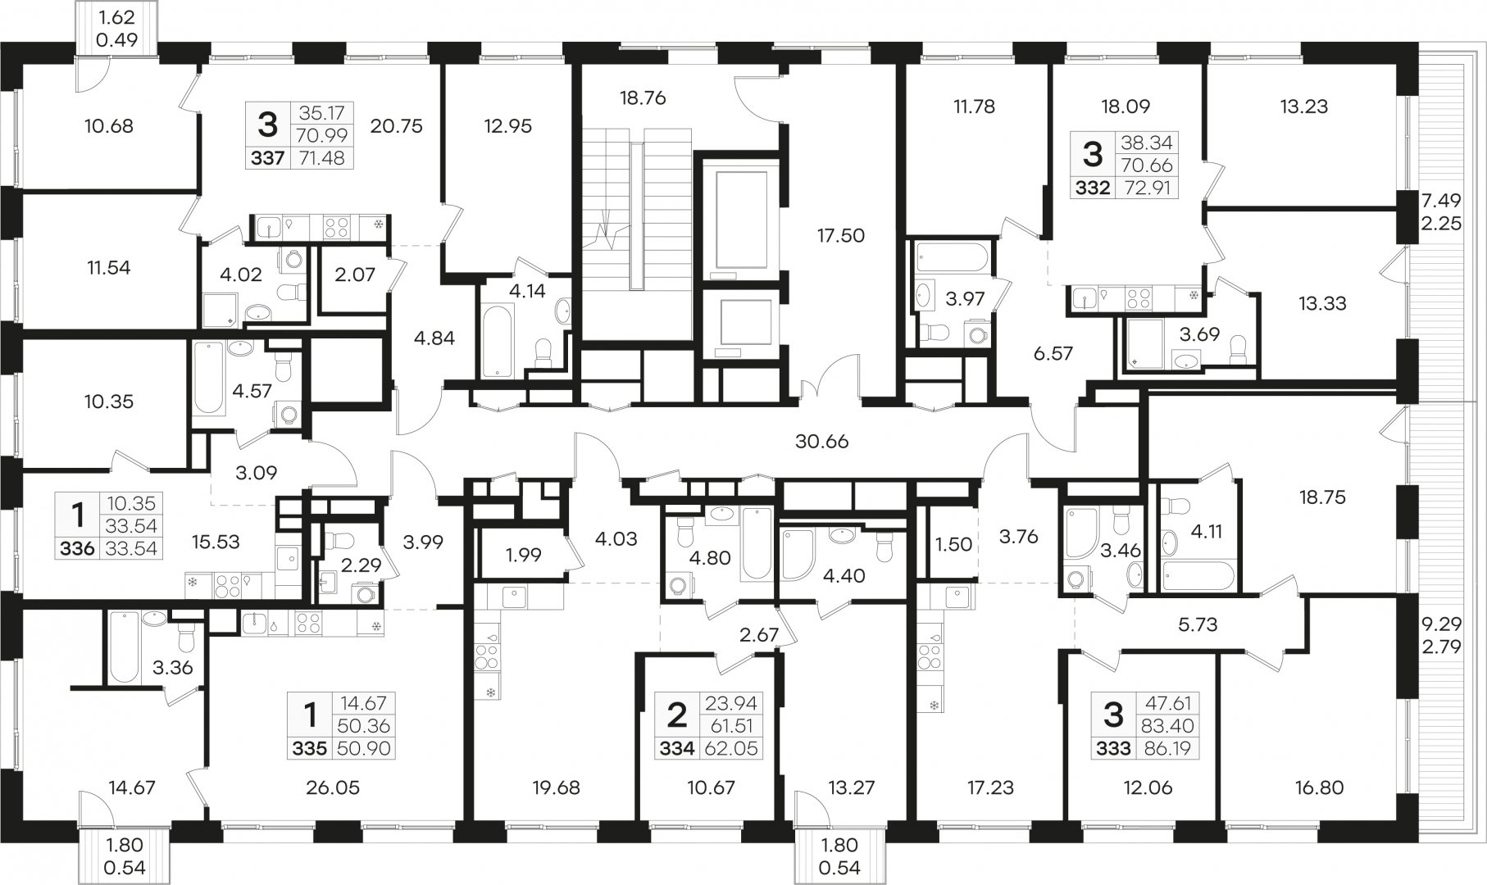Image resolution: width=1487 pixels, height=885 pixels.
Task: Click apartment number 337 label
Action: tap(266, 158)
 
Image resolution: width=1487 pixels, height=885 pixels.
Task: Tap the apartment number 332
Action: tap(1093, 188)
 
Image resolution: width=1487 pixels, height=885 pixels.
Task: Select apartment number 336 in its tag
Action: tap(78, 548)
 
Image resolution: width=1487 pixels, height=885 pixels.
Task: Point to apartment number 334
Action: tap(677, 747)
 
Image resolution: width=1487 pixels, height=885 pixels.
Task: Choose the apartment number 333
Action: tap(1114, 747)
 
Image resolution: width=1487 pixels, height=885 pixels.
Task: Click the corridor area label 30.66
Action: tap(822, 442)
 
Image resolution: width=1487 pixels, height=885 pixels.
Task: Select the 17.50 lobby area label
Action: tap(839, 235)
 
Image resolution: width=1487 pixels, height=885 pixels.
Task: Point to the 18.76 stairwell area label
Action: tap(643, 98)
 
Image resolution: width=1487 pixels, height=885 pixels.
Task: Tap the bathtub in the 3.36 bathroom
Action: tap(124, 647)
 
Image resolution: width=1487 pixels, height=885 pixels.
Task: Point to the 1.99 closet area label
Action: tap(523, 555)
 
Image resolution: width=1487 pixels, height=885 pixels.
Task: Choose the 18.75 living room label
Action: tap(1323, 497)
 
